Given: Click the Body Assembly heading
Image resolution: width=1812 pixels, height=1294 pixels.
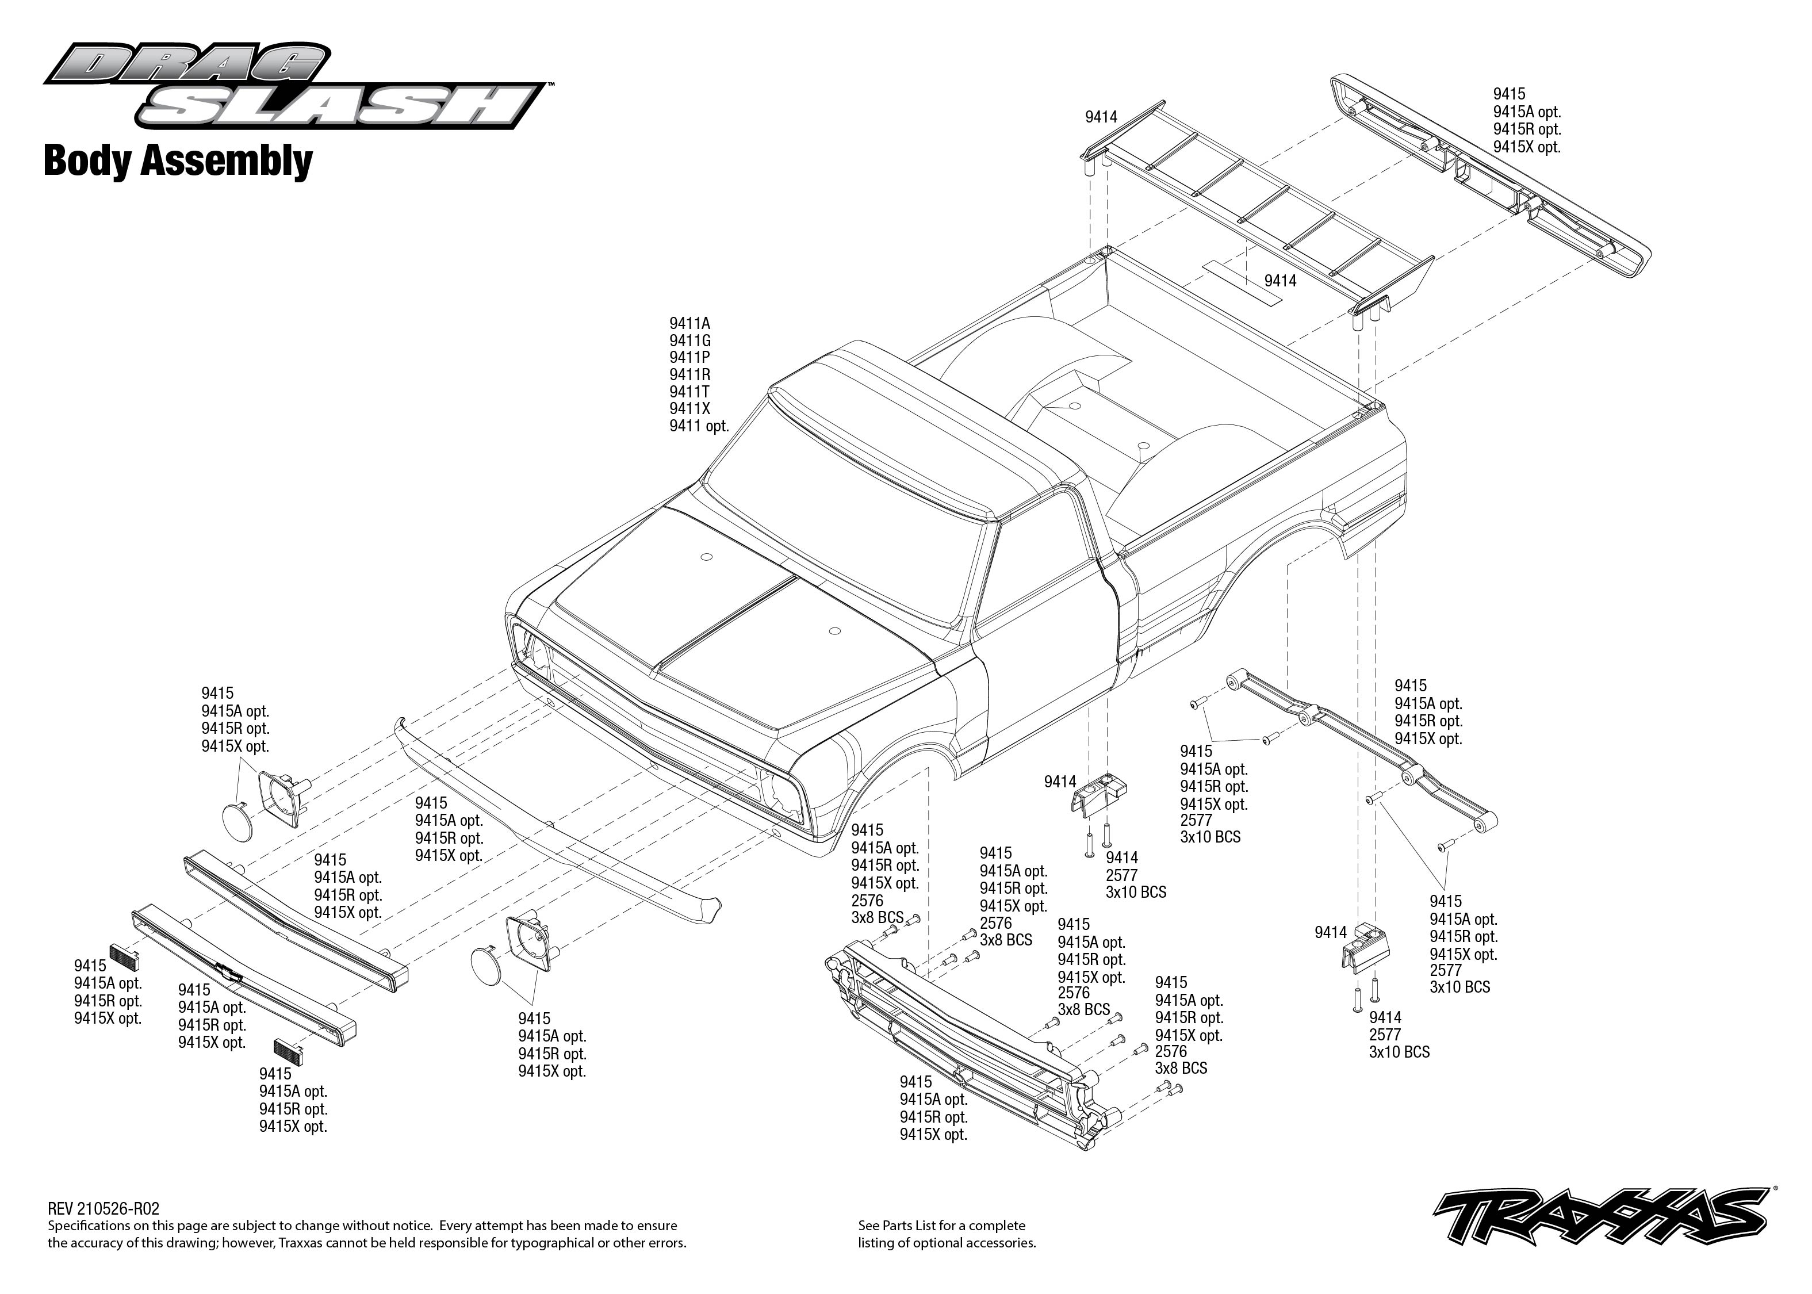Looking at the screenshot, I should click(x=178, y=161).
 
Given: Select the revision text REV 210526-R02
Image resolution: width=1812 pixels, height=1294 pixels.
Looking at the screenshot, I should click(x=104, y=1209).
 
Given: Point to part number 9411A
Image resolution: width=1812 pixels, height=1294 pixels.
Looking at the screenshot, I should click(x=689, y=323).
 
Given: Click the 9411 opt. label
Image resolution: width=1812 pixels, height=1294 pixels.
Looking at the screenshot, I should click(x=699, y=426).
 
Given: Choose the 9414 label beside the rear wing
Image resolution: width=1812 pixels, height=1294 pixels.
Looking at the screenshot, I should click(x=1101, y=117).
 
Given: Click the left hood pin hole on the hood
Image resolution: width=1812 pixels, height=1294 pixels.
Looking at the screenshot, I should click(x=706, y=556).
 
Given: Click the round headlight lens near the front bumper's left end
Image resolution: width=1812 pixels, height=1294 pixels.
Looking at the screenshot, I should click(x=236, y=821).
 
